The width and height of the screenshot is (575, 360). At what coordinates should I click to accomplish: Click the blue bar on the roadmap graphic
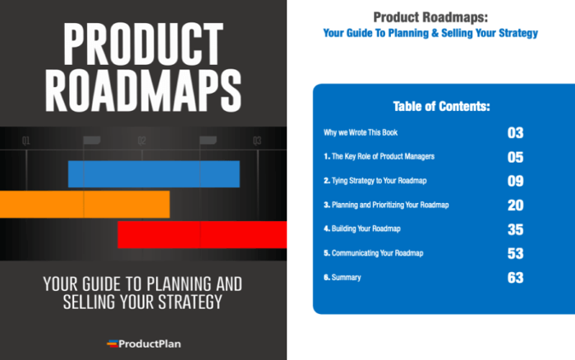tap(154, 174)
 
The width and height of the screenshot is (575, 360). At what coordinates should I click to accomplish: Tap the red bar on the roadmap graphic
tap(202, 234)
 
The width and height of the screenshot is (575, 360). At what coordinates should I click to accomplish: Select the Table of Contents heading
tap(442, 107)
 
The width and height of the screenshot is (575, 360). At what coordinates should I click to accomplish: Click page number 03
tap(515, 133)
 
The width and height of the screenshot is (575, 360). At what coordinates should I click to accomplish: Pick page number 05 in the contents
tap(515, 157)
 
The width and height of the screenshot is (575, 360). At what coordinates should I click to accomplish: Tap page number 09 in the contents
tap(515, 181)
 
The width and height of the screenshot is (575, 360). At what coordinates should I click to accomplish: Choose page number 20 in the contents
tap(515, 205)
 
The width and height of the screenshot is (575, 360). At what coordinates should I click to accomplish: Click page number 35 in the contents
tap(515, 228)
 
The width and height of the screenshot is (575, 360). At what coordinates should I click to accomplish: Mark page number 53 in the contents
tap(515, 253)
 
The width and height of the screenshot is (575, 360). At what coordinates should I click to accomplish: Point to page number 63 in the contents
tap(515, 277)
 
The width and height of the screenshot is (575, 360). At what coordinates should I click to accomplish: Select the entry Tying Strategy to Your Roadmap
tap(373, 181)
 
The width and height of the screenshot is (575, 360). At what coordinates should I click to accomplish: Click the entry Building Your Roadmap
tap(362, 228)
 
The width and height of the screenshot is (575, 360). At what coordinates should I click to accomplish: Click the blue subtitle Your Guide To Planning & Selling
tap(430, 34)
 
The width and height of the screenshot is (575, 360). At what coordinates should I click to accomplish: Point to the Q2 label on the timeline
tap(141, 141)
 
